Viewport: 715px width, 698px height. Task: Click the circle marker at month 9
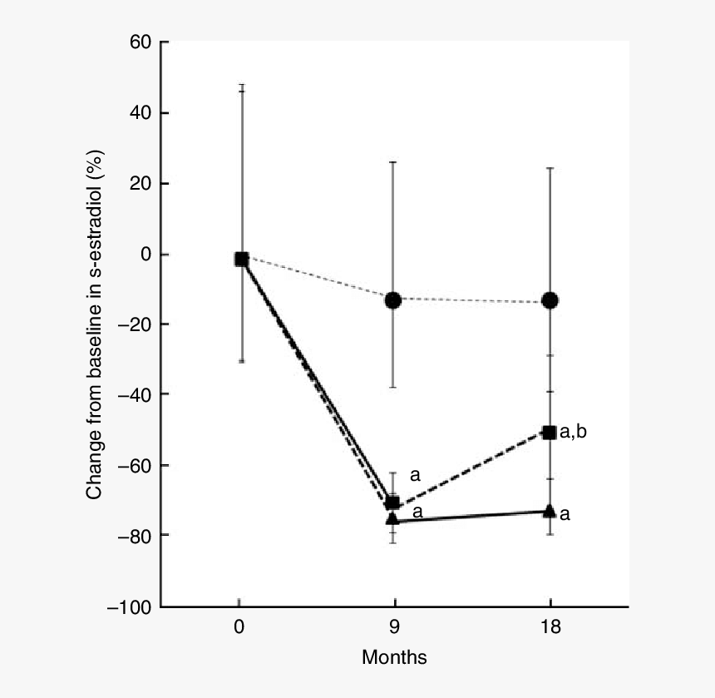tap(393, 300)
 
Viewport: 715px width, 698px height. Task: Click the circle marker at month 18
tap(550, 300)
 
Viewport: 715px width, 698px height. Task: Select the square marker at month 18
tap(550, 432)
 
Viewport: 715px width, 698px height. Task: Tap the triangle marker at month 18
tap(550, 510)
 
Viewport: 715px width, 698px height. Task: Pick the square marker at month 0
tap(241, 260)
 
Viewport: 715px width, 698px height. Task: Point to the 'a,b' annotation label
tap(573, 432)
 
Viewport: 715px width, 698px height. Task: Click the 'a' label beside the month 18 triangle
tap(565, 514)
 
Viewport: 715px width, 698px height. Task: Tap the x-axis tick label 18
tap(550, 628)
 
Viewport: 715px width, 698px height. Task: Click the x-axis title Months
tap(394, 657)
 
